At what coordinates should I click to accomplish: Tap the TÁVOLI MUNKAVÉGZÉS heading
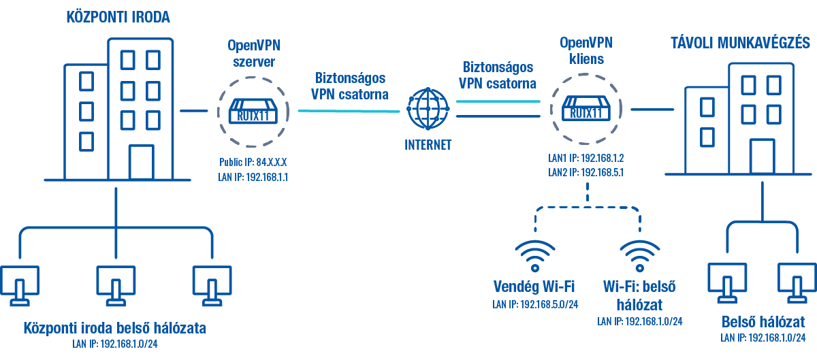point(739,44)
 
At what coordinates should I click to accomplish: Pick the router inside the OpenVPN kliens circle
point(585,109)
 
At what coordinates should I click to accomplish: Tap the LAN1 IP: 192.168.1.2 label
point(586,158)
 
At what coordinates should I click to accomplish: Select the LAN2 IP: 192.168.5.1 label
point(586,171)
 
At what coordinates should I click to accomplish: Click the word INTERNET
point(428,144)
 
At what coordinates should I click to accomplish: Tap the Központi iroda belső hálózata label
point(114,328)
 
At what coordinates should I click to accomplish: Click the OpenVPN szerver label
point(253,53)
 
